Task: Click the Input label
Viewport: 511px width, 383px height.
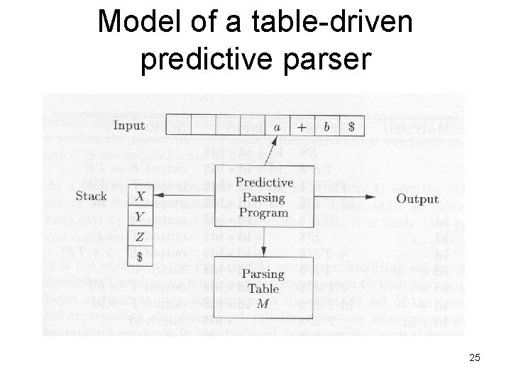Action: [x=128, y=126]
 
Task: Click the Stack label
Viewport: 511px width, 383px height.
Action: [x=91, y=196]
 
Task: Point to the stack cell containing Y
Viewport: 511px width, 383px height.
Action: [x=141, y=216]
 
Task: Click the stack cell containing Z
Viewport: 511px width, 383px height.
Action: [x=141, y=235]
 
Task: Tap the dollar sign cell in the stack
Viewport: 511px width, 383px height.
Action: [x=141, y=255]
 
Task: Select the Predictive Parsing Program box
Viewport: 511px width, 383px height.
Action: [x=263, y=196]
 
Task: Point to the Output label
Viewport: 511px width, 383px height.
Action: [x=417, y=199]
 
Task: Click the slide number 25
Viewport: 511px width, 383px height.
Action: [x=474, y=358]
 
